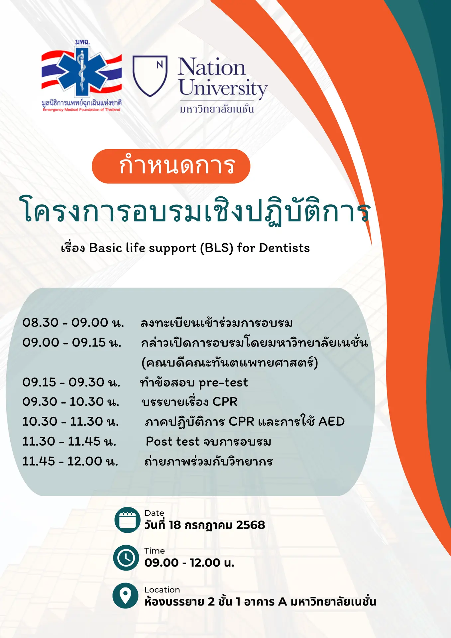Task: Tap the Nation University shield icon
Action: (150, 76)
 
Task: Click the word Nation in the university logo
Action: (211, 67)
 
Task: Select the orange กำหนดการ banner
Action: (171, 166)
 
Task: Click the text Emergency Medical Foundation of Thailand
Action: (81, 110)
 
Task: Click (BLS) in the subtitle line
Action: (216, 248)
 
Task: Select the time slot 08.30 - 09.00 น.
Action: (73, 323)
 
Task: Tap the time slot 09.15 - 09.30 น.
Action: (71, 382)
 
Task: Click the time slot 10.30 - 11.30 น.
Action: (70, 422)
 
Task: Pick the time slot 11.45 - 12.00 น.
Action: (70, 461)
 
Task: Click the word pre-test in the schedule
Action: (223, 383)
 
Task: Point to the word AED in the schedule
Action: (331, 422)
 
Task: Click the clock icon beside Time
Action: (126, 558)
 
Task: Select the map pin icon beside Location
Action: (125, 596)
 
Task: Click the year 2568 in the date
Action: (250, 525)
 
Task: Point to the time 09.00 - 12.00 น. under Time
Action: (189, 563)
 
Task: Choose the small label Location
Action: (162, 590)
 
